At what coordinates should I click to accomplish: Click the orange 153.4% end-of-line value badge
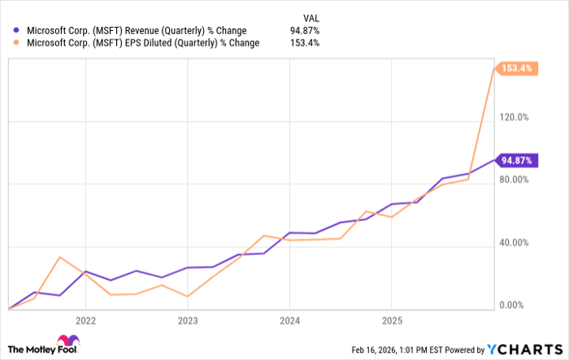coord(516,68)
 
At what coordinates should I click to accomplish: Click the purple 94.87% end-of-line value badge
coord(517,160)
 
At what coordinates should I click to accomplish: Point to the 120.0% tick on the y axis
coord(515,117)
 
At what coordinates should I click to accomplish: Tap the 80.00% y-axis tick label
coord(515,180)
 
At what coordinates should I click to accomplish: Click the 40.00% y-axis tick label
coord(515,242)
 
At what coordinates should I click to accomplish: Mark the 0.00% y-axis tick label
coord(516,305)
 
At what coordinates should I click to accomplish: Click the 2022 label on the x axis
coord(85,320)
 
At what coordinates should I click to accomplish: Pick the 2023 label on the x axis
coord(188,320)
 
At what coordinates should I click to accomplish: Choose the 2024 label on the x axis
coord(289,320)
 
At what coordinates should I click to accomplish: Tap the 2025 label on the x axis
coord(392,320)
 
